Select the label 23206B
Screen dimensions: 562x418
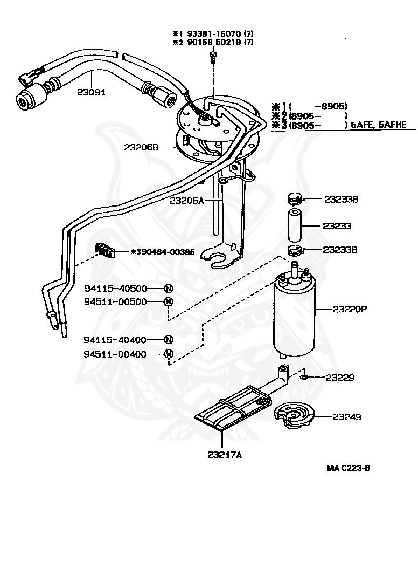142,146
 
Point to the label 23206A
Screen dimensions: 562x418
187,200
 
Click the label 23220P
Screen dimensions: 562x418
350,309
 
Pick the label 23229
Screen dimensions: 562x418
340,378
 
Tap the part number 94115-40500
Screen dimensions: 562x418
115,289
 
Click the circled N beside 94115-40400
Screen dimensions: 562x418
168,340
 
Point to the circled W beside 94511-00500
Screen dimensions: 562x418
168,302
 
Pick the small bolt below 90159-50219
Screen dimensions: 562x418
213,57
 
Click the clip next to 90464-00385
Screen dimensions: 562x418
105,250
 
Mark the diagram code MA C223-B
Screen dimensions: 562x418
348,468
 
